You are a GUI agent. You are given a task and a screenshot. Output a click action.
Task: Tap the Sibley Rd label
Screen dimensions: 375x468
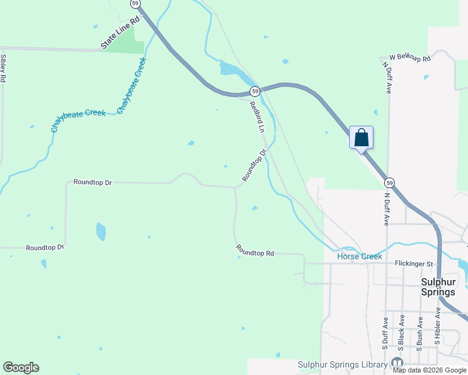4,69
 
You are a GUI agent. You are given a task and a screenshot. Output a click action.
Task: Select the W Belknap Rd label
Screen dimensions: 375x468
410,58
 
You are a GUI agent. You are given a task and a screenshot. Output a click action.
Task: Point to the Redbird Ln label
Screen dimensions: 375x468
258,116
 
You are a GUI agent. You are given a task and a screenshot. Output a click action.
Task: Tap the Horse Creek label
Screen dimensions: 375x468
359,256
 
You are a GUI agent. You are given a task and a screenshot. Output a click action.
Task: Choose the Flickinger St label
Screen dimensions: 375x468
414,264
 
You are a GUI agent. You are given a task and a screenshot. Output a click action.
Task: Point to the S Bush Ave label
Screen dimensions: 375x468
420,332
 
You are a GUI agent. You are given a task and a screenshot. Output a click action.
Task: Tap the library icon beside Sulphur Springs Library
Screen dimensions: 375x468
397,362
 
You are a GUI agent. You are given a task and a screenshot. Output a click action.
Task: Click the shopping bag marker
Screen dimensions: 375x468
361,137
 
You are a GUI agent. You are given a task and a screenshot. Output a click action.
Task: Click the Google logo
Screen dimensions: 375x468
21,367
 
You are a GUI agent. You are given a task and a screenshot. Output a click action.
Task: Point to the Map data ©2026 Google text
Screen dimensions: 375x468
430,370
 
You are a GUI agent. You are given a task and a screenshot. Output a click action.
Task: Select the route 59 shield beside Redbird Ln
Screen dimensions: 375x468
255,91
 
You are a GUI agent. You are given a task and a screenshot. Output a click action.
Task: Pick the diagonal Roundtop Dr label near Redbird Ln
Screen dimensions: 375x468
255,166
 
